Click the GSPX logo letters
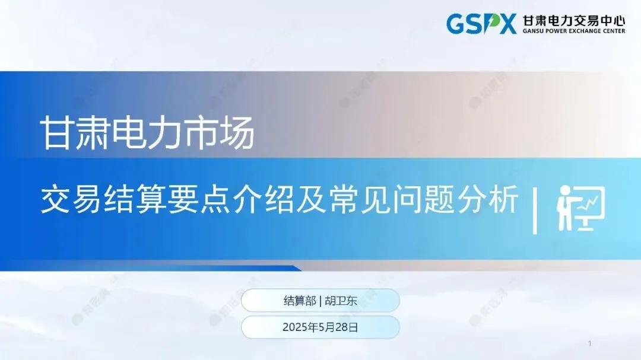[x=481, y=23]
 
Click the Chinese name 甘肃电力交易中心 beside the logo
[x=573, y=19]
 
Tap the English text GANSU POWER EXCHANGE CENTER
[x=573, y=31]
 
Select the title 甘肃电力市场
[x=148, y=132]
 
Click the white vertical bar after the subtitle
[x=535, y=210]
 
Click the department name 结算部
[x=300, y=301]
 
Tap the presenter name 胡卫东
[x=341, y=301]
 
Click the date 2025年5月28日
[x=320, y=327]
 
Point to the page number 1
[x=590, y=344]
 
